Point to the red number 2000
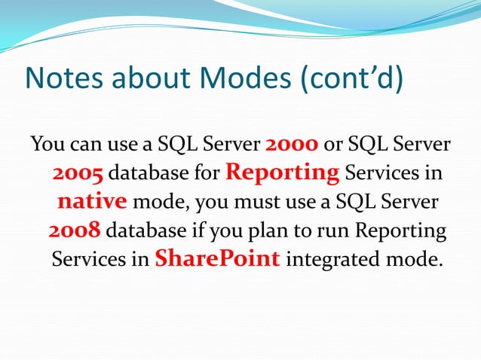[x=293, y=144]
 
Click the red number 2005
[x=78, y=174]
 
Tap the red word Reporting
[x=283, y=172]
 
